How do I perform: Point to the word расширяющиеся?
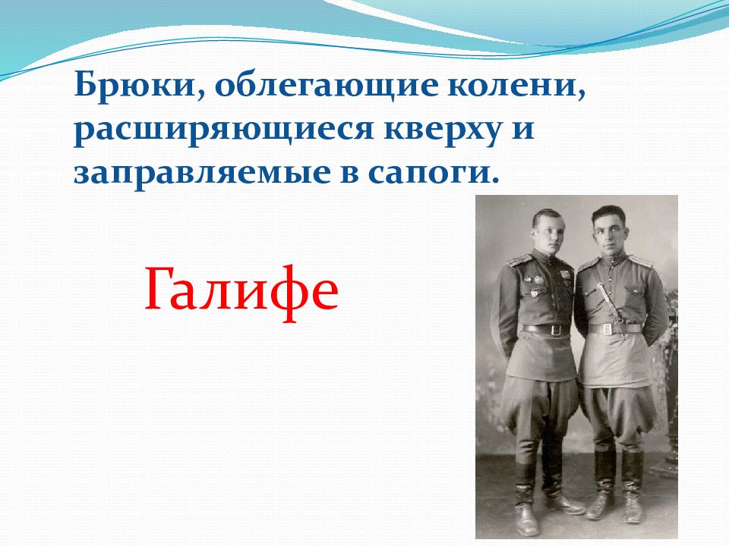224,130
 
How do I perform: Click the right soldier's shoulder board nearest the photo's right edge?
641,260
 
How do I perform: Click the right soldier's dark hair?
607,213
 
